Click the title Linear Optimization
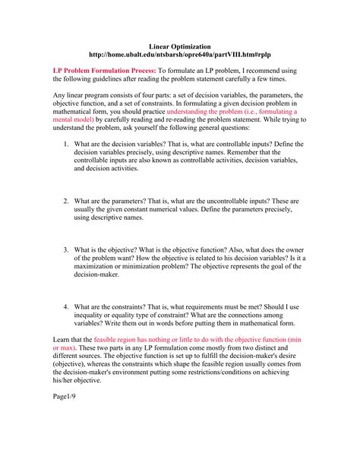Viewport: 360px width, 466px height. [179, 46]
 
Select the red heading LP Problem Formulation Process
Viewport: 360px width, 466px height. [104, 71]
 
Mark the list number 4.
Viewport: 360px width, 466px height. [67, 307]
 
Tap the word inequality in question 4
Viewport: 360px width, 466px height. [99, 315]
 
